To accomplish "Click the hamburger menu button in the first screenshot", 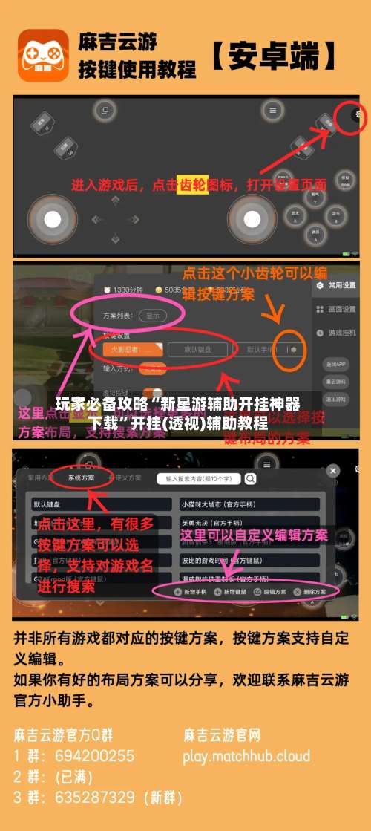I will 273,110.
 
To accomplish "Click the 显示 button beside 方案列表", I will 153,315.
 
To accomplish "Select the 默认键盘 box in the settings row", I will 197,349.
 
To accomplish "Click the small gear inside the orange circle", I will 294,349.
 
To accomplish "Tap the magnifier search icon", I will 251,478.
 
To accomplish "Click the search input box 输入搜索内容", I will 198,478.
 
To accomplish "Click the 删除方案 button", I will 310,591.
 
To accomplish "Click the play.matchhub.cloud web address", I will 246,756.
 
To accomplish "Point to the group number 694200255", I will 94,756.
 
